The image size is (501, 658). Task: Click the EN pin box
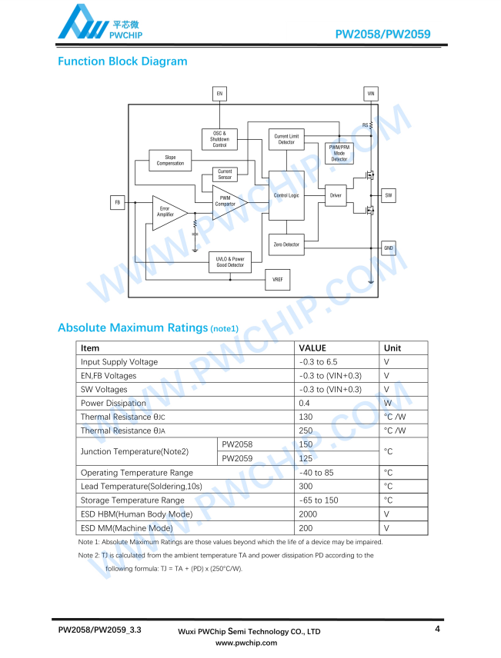pyautogui.click(x=219, y=94)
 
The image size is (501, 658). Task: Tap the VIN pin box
pyautogui.click(x=371, y=94)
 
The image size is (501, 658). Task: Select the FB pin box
pyautogui.click(x=118, y=202)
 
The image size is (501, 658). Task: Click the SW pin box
pyautogui.click(x=389, y=195)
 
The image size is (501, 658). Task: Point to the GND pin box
pyautogui.click(x=389, y=248)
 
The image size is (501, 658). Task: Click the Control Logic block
pyautogui.click(x=286, y=195)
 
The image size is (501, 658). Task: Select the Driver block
pyautogui.click(x=336, y=195)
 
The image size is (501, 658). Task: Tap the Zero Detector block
pyautogui.click(x=286, y=244)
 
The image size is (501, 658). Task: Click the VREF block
pyautogui.click(x=278, y=280)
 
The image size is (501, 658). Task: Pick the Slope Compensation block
pyautogui.click(x=170, y=161)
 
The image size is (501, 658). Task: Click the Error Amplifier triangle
pyautogui.click(x=168, y=213)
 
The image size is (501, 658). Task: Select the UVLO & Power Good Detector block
pyautogui.click(x=230, y=262)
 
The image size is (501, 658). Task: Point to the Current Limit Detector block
pyautogui.click(x=286, y=139)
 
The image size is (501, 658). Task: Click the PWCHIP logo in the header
pyautogui.click(x=100, y=22)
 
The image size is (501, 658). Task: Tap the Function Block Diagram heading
pyautogui.click(x=122, y=61)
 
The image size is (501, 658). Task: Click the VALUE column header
pyautogui.click(x=312, y=348)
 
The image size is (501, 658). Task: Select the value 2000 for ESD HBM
pyautogui.click(x=308, y=514)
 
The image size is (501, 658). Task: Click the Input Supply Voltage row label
pyautogui.click(x=119, y=362)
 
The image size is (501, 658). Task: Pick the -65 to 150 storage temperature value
pyautogui.click(x=319, y=500)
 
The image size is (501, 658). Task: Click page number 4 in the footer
pyautogui.click(x=438, y=629)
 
